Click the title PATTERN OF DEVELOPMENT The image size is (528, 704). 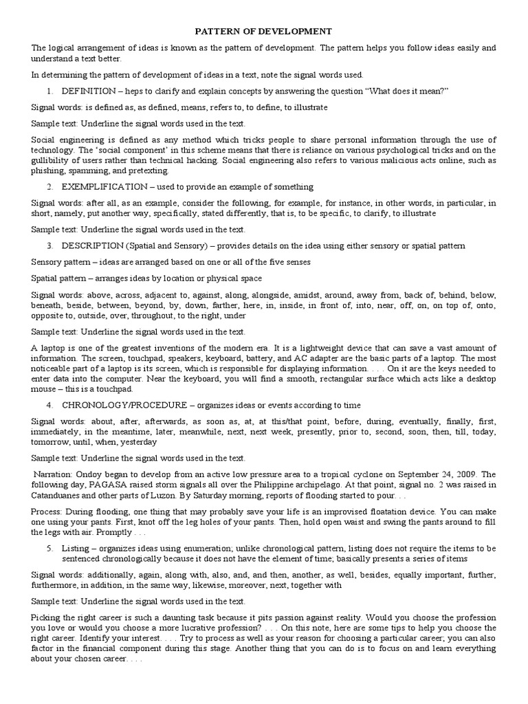point(264,31)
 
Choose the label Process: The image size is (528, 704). point(47,512)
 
